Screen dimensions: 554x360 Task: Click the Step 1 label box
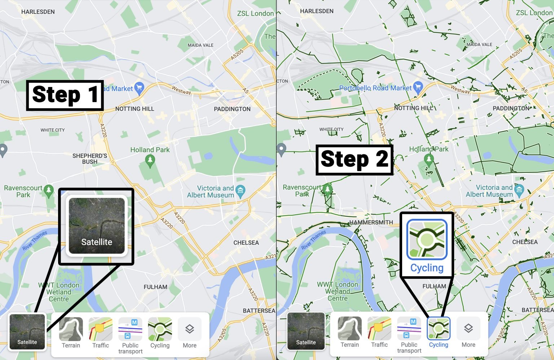pyautogui.click(x=65, y=95)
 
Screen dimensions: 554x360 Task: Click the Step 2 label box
pyautogui.click(x=354, y=160)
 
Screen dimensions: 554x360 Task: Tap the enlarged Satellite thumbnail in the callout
pyautogui.click(x=96, y=226)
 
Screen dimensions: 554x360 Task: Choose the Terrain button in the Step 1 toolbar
pyautogui.click(x=71, y=333)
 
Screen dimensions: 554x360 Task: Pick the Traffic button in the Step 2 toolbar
pyautogui.click(x=379, y=332)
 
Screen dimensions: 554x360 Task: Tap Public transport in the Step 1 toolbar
pyautogui.click(x=130, y=335)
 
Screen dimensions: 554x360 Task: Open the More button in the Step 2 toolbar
pyautogui.click(x=468, y=332)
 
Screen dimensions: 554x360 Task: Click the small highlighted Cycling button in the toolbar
pyautogui.click(x=438, y=332)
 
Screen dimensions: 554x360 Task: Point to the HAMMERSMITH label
pyautogui.click(x=371, y=222)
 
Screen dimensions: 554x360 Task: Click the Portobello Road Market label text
pyautogui.click(x=375, y=88)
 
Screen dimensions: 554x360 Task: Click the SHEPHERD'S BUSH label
pyautogui.click(x=90, y=159)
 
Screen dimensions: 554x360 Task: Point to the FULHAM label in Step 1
pyautogui.click(x=155, y=287)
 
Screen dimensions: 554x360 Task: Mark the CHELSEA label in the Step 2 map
pyautogui.click(x=525, y=242)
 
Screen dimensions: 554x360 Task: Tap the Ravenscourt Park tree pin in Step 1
pyautogui.click(x=48, y=190)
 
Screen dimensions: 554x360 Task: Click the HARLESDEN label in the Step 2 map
pyautogui.click(x=317, y=11)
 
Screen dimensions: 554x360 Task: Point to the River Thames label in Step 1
pyautogui.click(x=35, y=240)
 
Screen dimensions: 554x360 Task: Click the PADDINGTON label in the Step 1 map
pyautogui.click(x=232, y=109)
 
